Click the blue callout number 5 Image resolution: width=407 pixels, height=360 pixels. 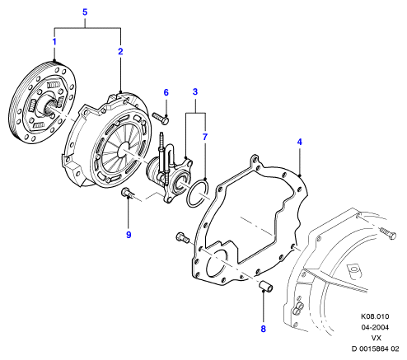tap(85, 12)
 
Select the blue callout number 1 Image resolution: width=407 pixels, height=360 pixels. tap(54, 42)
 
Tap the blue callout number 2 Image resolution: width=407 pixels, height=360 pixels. tap(120, 51)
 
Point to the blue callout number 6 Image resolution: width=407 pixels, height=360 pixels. tap(166, 92)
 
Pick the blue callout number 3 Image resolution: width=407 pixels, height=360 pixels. tap(195, 91)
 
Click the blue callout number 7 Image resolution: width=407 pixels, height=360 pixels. tap(205, 137)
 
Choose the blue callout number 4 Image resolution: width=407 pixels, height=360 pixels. tap(299, 142)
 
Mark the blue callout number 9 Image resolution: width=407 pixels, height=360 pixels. tap(129, 235)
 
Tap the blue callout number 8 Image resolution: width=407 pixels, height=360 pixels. tap(263, 329)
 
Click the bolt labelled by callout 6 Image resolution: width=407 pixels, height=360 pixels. tap(161, 119)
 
